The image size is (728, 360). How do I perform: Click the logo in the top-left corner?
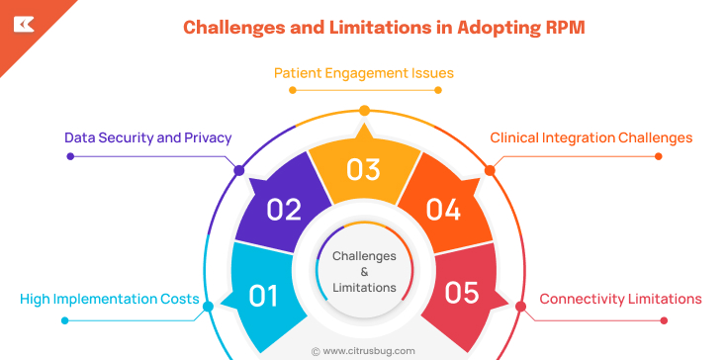tap(23, 23)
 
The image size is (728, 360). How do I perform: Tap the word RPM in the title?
tap(561, 27)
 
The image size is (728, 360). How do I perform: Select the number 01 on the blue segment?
tap(262, 296)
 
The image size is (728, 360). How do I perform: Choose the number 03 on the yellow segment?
tap(364, 170)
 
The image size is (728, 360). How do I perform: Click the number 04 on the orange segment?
tap(443, 210)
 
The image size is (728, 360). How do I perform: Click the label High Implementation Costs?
tap(109, 299)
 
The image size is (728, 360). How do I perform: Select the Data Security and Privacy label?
tap(148, 137)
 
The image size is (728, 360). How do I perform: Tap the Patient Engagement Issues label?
tap(364, 73)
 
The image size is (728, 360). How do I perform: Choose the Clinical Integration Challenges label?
tap(591, 137)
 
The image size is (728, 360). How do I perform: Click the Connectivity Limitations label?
tap(620, 299)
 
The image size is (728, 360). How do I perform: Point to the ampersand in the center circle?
tap(364, 271)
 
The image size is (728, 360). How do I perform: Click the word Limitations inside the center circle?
tap(364, 287)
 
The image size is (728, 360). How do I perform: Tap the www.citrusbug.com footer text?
tap(369, 350)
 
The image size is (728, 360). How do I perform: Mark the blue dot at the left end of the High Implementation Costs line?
tap(64, 319)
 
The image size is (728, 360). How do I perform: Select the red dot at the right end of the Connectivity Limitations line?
tap(664, 319)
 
